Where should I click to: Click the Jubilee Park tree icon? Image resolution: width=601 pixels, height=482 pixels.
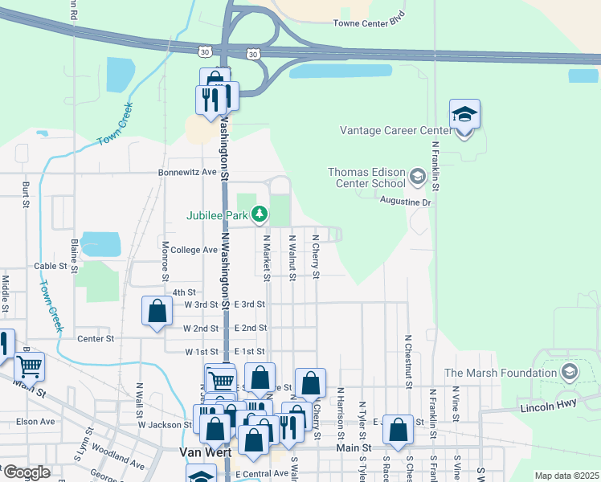pyautogui.click(x=259, y=214)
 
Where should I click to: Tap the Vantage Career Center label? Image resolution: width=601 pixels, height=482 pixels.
pyautogui.click(x=396, y=130)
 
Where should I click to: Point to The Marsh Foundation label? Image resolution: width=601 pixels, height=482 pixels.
pyautogui.click(x=501, y=373)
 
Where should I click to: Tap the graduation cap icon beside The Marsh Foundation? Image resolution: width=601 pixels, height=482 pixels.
pyautogui.click(x=569, y=372)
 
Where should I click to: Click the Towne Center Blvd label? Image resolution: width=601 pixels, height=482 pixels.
pyautogui.click(x=368, y=23)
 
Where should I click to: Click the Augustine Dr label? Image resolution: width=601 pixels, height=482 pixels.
pyautogui.click(x=406, y=202)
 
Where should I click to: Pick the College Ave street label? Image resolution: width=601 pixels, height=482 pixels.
pyautogui.click(x=194, y=250)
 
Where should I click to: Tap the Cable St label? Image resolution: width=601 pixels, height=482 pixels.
pyautogui.click(x=50, y=266)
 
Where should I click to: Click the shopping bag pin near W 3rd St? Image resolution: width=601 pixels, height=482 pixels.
pyautogui.click(x=157, y=311)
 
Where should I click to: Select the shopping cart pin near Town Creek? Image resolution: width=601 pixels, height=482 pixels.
pyautogui.click(x=30, y=366)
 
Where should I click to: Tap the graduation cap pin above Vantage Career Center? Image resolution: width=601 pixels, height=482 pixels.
pyautogui.click(x=464, y=115)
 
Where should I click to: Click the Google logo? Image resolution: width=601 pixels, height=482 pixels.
pyautogui.click(x=26, y=473)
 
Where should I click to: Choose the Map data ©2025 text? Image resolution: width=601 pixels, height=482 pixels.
pyautogui.click(x=566, y=476)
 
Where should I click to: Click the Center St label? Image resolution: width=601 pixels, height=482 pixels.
pyautogui.click(x=96, y=338)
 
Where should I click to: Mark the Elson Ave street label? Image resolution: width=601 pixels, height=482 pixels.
pyautogui.click(x=35, y=421)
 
